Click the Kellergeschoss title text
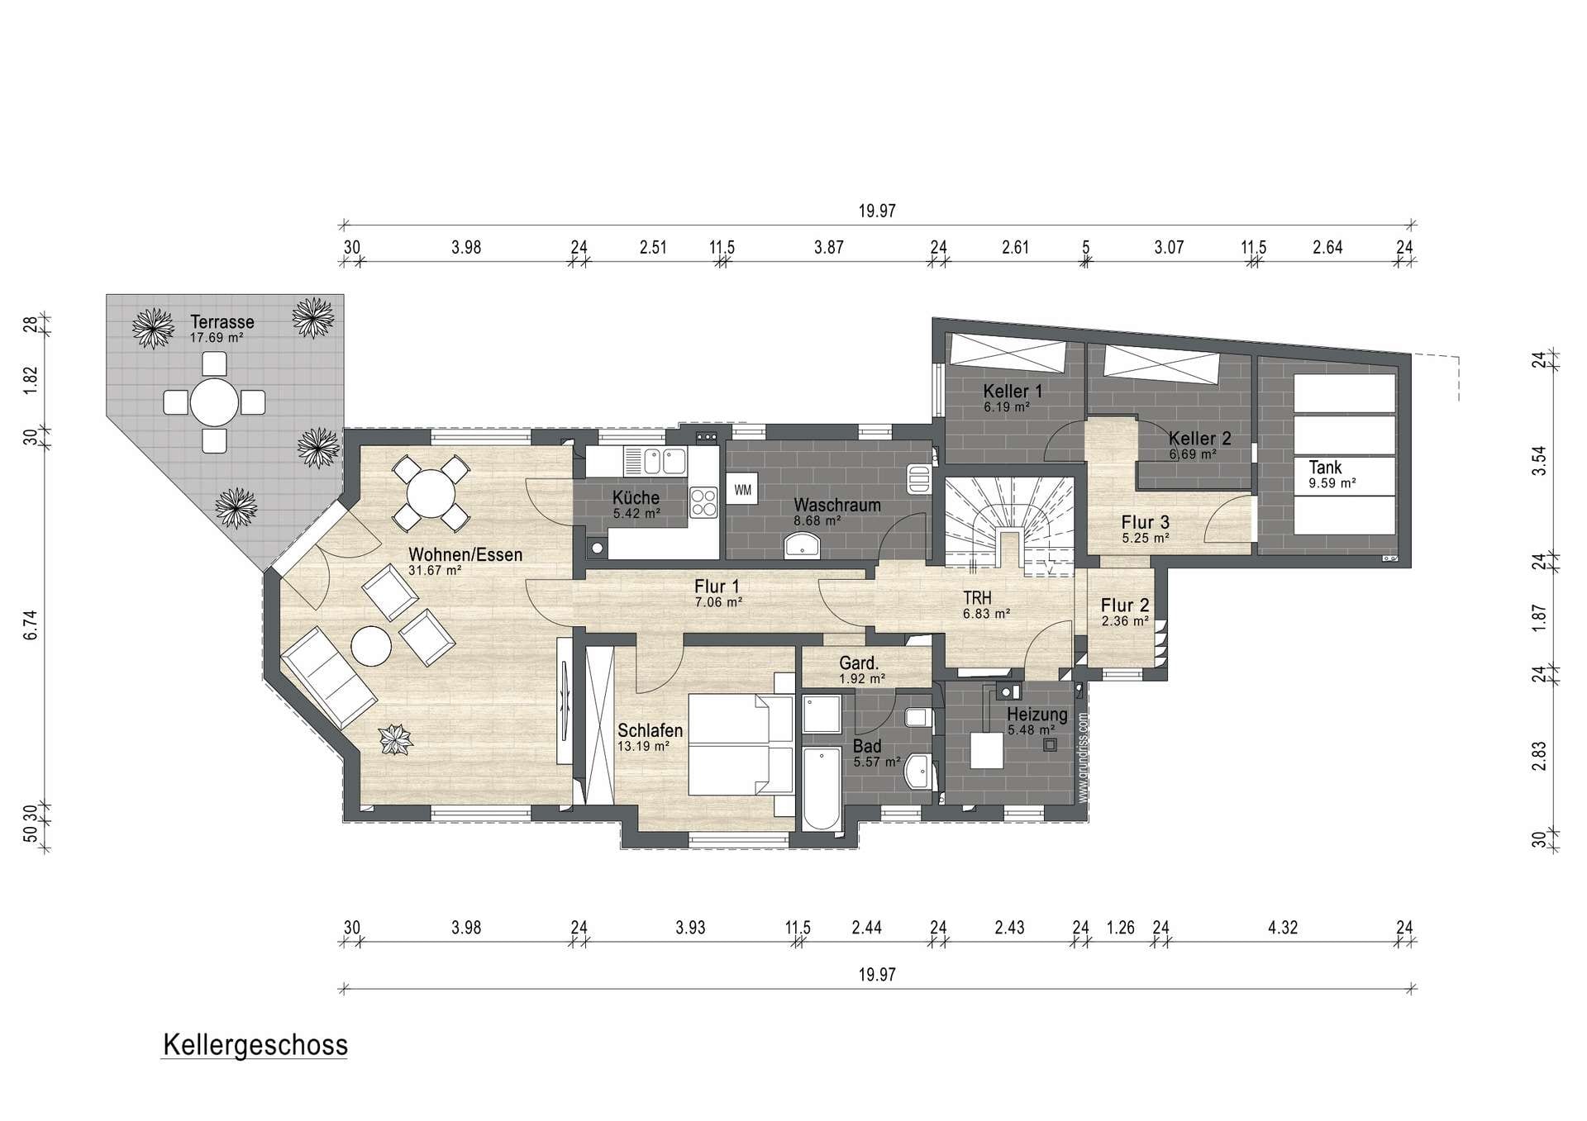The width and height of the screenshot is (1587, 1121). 255,1045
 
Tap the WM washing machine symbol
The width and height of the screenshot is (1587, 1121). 743,490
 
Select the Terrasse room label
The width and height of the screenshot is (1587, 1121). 222,322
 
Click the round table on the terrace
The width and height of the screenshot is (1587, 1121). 215,402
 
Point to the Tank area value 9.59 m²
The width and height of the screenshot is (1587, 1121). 1332,483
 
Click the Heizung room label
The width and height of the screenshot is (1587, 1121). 1037,715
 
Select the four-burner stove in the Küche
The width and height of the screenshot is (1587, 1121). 703,502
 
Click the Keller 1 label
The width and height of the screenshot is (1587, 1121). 1013,391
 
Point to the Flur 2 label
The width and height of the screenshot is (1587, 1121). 1125,606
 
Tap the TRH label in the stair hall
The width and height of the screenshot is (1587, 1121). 977,598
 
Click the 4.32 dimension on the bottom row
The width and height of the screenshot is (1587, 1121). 1283,928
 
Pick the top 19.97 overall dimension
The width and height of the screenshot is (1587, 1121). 877,211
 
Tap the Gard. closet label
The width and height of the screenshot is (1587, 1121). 859,663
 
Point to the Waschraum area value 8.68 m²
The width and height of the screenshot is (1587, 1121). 817,520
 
